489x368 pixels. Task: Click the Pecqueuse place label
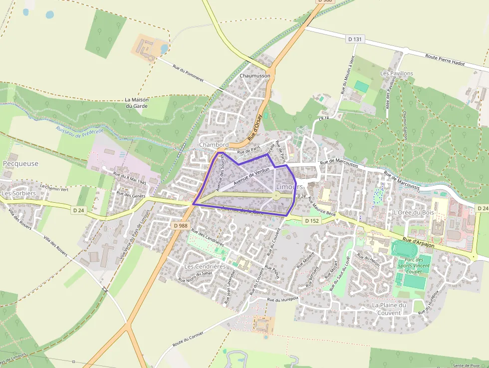[21, 163]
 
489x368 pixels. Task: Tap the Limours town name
[289, 186]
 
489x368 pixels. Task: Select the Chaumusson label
[254, 76]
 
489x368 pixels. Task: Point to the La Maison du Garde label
[136, 103]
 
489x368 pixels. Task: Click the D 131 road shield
[355, 38]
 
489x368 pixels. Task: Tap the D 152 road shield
[312, 220]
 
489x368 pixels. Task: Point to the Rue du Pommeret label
[188, 73]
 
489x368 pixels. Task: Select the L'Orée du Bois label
[414, 212]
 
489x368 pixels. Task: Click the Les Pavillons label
[397, 73]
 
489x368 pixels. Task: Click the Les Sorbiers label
[19, 193]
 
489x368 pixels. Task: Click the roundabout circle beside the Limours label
[276, 196]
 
